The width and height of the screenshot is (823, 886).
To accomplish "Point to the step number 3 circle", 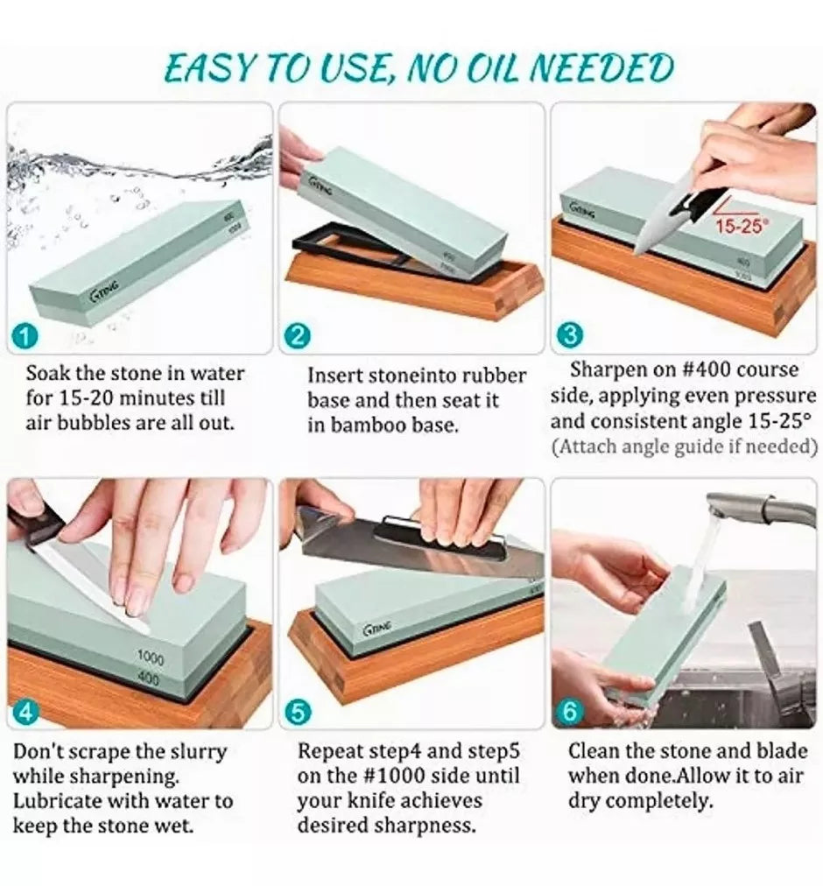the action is coord(570,335).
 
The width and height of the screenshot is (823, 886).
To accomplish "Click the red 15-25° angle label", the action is coord(740,227).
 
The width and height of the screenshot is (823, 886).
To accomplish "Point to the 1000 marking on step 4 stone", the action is coord(151,657).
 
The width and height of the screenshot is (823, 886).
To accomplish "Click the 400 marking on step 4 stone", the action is coord(149,678).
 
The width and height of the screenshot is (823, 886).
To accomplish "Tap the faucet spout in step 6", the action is coord(757,506).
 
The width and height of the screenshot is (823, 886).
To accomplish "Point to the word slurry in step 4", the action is coord(199,752).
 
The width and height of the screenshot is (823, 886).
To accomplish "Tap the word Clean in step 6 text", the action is coord(594,751).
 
